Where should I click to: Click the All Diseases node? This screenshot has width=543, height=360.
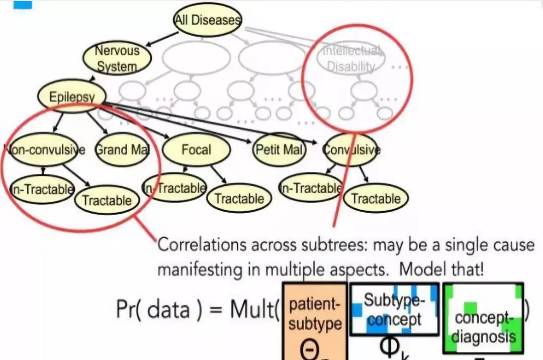pos(207,20)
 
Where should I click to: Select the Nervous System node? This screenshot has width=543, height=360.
pos(117,58)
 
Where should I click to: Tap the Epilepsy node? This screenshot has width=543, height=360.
pos(72,96)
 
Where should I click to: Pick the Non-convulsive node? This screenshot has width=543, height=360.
pos(44,149)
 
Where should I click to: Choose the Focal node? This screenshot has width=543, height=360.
pos(197,149)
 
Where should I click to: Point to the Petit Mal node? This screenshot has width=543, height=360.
pos(280,149)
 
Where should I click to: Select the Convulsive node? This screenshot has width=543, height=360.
pos(351,149)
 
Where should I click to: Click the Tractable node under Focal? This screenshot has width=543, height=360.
pos(239,198)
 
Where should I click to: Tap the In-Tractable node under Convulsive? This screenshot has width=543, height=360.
pos(311,188)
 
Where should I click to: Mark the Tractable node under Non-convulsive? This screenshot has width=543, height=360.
pos(107,200)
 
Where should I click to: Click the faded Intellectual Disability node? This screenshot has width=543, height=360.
pos(350,59)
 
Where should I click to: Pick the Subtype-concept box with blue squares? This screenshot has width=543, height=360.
pos(394,309)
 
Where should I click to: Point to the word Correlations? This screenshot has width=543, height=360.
pos(203,245)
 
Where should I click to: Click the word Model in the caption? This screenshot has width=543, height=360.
pos(422,269)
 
